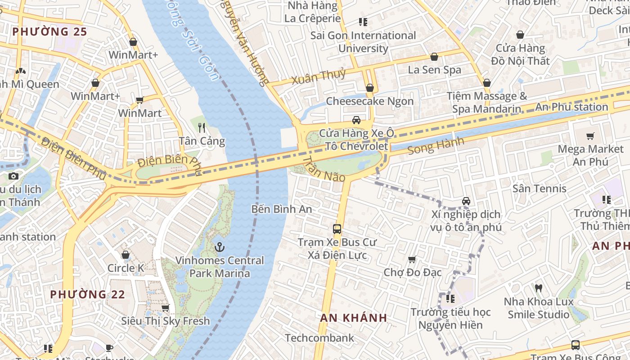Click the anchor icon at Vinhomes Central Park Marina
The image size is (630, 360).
point(220,247)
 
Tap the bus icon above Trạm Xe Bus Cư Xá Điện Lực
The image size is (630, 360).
point(337,229)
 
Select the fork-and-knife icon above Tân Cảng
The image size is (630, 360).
point(202,128)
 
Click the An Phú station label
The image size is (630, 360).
point(571,107)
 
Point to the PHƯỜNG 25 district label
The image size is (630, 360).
point(49,31)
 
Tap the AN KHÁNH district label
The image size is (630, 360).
point(353,318)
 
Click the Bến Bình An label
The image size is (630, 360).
point(282,209)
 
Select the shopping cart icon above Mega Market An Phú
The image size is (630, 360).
point(590,136)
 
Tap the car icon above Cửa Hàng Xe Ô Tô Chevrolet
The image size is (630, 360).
point(356,120)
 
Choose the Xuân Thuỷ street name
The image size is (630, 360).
point(319,76)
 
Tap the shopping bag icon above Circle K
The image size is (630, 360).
point(126,255)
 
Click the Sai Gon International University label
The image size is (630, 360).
point(363,42)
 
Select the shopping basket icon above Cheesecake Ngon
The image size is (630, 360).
point(369,88)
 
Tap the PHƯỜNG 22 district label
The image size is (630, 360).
point(87,295)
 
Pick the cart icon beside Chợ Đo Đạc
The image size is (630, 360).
point(411,260)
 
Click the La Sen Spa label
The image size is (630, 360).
point(434,70)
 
